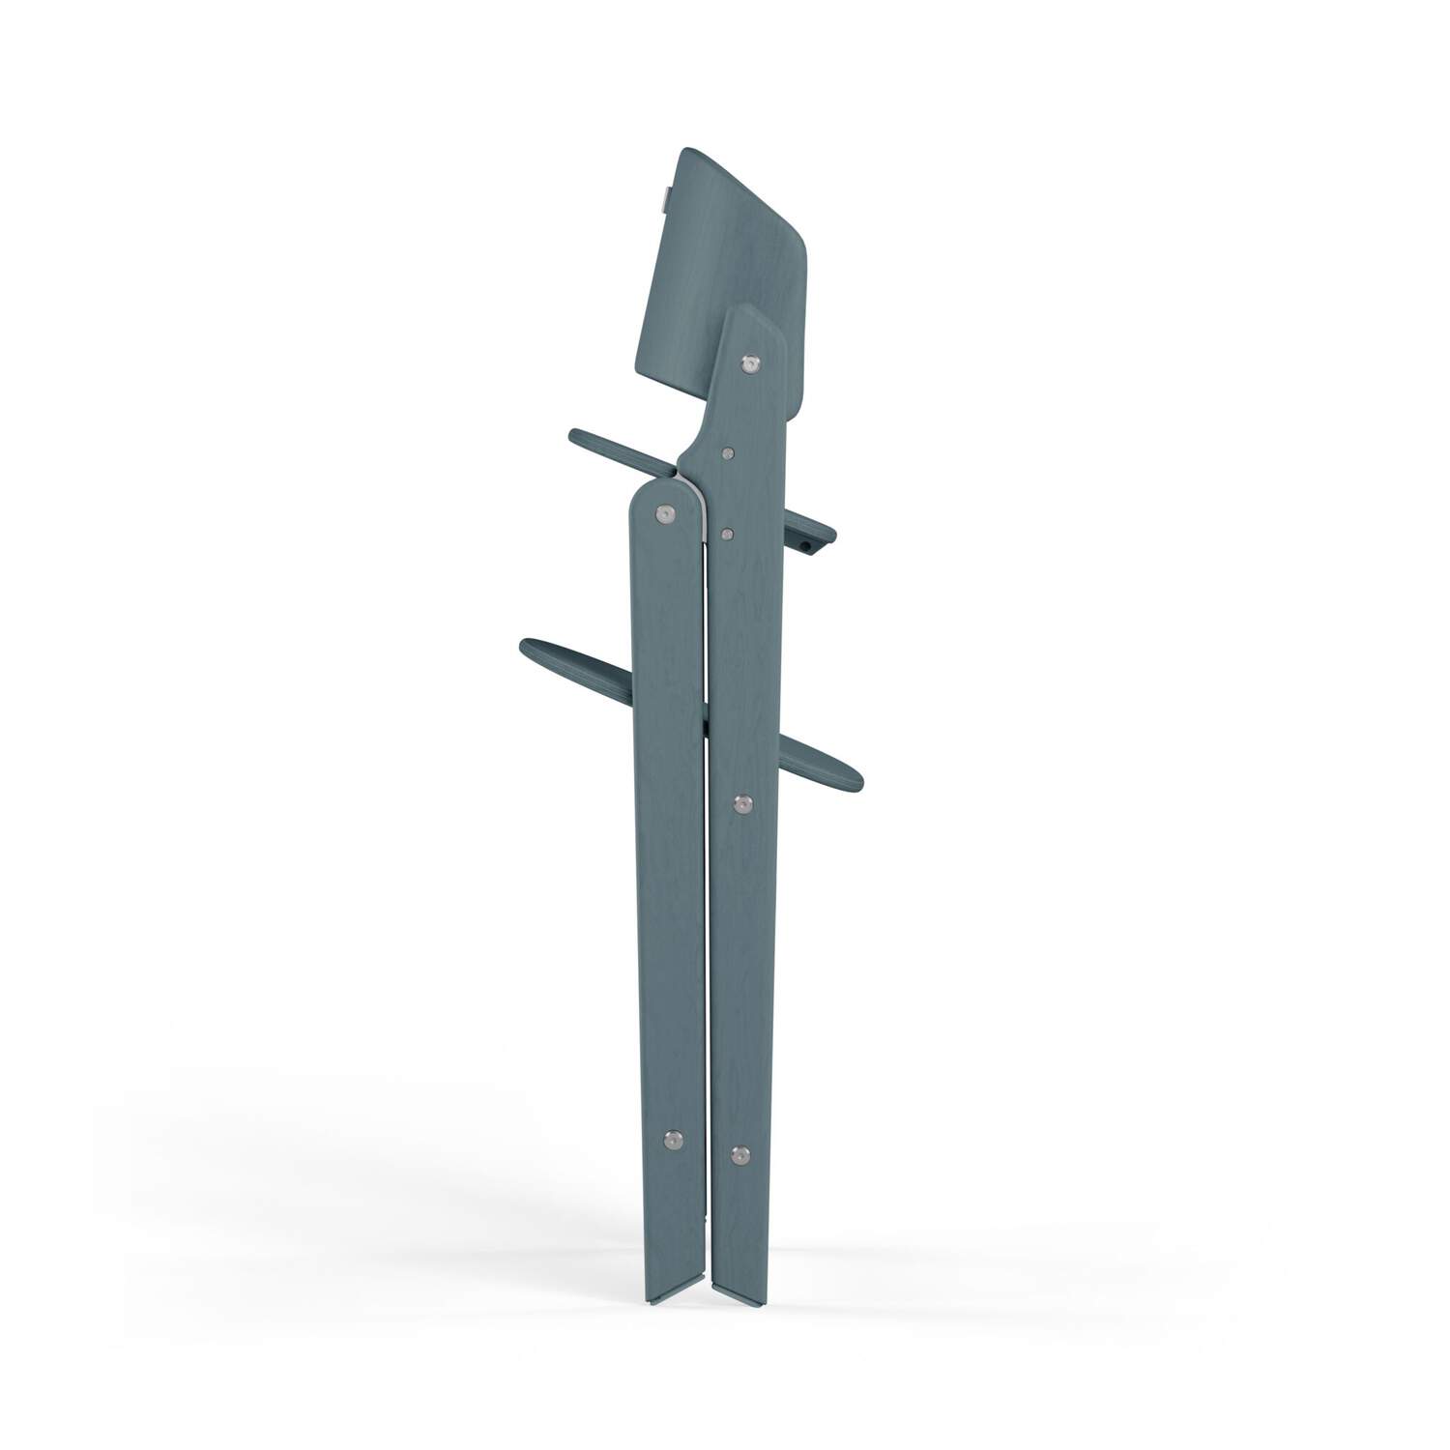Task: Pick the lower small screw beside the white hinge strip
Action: point(727,531)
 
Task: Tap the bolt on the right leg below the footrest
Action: point(742,802)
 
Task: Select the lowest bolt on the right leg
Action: point(740,1153)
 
